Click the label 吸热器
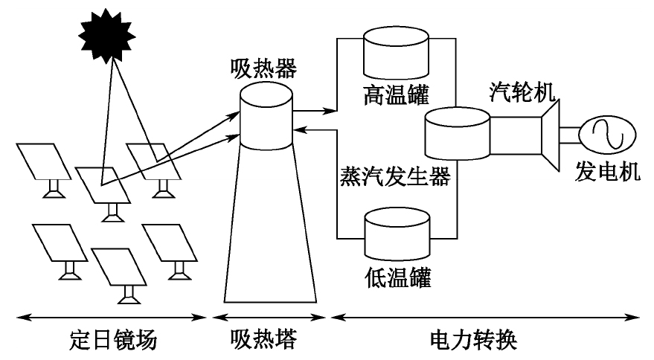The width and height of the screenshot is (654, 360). point(263,70)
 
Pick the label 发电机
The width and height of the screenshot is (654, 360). point(607,173)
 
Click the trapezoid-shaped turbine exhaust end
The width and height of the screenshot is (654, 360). point(551,134)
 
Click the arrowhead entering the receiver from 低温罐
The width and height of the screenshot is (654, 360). point(298,129)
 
